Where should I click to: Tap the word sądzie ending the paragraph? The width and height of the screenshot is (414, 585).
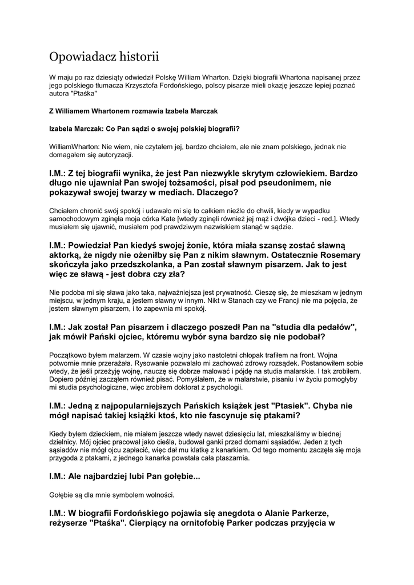click(x=279, y=227)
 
